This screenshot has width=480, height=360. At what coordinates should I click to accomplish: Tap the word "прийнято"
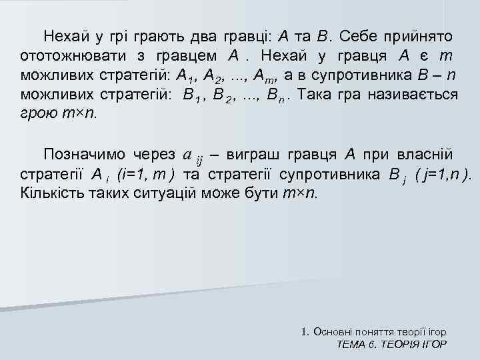click(418, 34)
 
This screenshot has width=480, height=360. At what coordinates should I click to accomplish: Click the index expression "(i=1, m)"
click(145, 175)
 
